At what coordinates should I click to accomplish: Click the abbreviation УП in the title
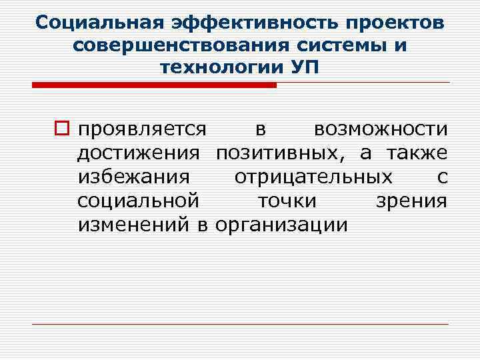[x=305, y=67]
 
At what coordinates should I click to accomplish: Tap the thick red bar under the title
[x=154, y=85]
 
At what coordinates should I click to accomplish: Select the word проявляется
[x=141, y=129]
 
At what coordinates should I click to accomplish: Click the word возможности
[x=381, y=128]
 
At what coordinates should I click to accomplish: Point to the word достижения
[x=138, y=153]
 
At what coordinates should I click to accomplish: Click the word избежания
[x=134, y=177]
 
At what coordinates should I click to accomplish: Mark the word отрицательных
[x=313, y=177]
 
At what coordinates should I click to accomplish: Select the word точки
[x=287, y=201]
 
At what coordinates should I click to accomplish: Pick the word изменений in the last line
[x=135, y=224]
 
